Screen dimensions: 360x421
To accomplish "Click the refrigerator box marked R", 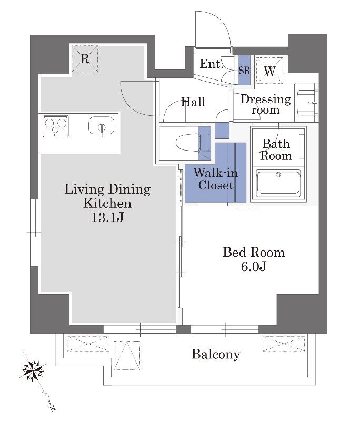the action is coord(85,58).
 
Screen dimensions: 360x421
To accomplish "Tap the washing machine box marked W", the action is coord(269,71).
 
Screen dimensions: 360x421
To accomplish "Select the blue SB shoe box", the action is coord(244,70).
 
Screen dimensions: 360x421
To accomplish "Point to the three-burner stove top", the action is coord(56,126).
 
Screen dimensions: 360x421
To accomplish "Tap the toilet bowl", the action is coord(188,142).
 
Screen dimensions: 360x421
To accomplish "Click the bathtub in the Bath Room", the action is coord(278,183).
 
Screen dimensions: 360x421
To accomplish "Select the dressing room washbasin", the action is coord(306,102).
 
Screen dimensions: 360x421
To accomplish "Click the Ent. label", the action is coord(212,64).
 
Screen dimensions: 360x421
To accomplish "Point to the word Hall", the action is coord(193,102).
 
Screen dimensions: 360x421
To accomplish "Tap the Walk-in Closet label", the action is coord(216,179).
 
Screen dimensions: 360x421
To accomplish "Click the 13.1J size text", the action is coord(107,217).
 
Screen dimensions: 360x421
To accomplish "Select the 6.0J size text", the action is coord(254,266).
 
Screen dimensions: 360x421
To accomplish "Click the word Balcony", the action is coord(216,354).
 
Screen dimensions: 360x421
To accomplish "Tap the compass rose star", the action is coord(33,370).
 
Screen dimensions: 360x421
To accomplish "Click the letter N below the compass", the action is coord(52,408).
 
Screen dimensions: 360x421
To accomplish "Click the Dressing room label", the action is coord(265,104).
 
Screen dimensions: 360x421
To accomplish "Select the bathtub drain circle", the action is coord(278,175).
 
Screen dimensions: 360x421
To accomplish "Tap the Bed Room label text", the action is coord(254,253).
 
